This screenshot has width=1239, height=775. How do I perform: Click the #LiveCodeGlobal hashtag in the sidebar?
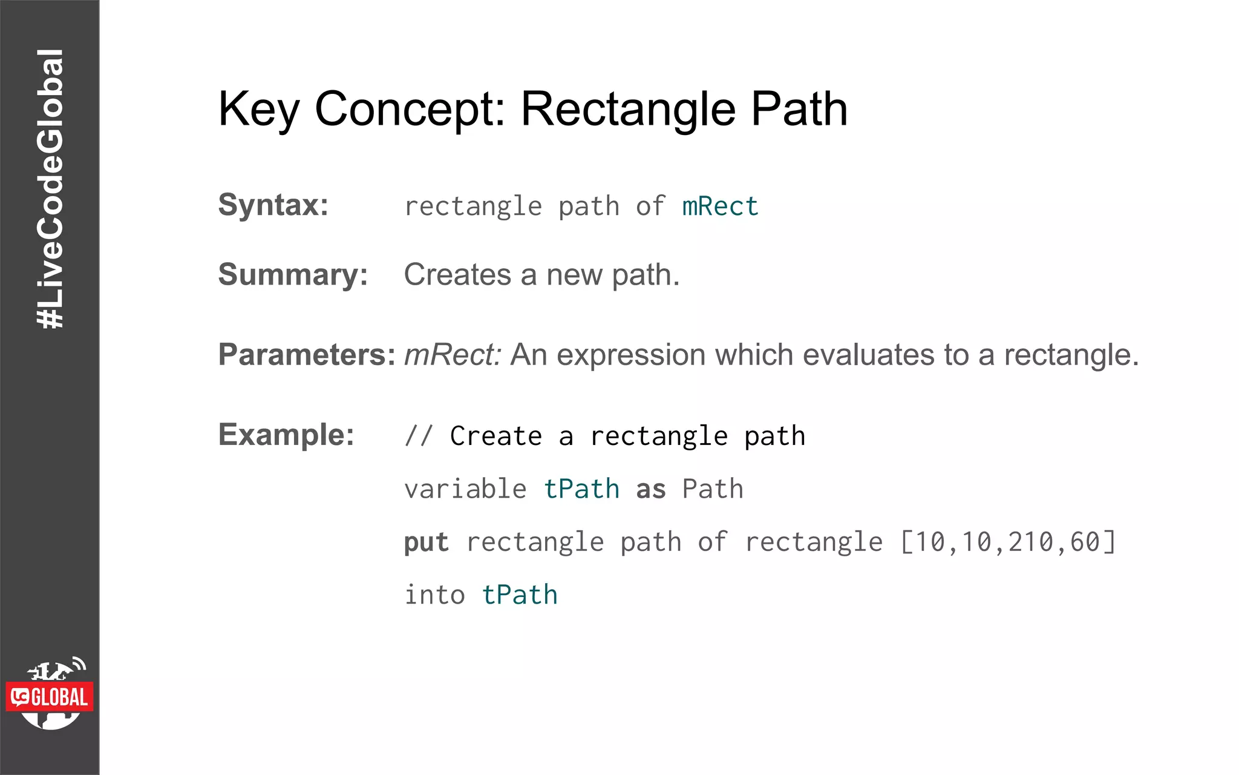(50, 189)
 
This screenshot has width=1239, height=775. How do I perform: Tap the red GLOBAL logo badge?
(50, 697)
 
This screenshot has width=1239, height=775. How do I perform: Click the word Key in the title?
(258, 110)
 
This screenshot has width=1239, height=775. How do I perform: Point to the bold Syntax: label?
(273, 205)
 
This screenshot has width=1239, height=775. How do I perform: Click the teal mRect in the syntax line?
(720, 206)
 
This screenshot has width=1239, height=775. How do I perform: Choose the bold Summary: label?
(293, 274)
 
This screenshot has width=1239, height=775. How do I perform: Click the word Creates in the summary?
(457, 275)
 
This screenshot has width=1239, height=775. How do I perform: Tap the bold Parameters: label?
(307, 354)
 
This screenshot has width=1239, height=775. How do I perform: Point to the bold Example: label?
(286, 434)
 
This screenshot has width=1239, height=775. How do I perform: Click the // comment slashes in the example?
(419, 436)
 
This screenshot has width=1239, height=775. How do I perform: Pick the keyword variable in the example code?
(465, 489)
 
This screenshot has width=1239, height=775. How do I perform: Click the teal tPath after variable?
(581, 489)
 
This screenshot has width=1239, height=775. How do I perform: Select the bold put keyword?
(427, 542)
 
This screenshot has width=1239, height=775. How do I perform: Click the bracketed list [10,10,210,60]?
(1007, 542)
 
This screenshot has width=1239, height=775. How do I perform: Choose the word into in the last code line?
(434, 595)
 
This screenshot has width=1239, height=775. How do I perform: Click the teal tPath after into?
(520, 595)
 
